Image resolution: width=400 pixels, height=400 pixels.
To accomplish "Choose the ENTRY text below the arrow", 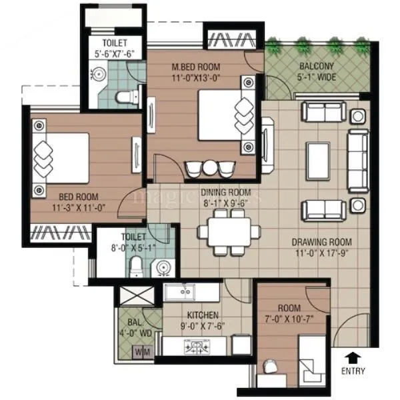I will pos(353,370).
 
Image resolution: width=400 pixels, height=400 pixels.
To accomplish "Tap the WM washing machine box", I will pos(142,351).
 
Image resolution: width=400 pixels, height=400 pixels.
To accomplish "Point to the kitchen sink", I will pos(179,291).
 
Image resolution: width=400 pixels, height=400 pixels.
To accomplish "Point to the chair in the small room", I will pos(271,367).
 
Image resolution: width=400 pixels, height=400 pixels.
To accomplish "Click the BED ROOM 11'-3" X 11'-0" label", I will pos(69,201).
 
